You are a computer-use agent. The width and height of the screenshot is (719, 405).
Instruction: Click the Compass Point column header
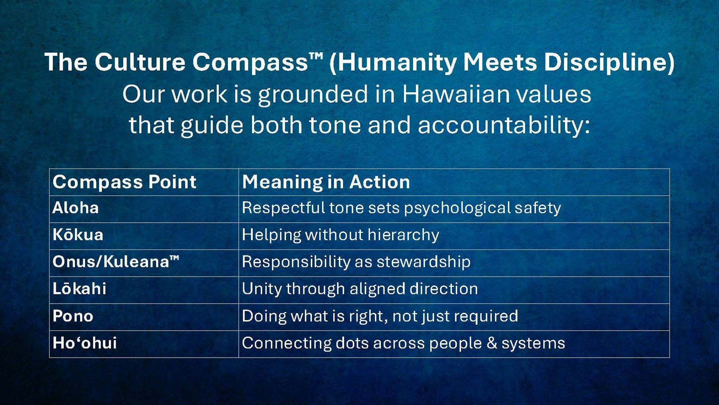point(124,182)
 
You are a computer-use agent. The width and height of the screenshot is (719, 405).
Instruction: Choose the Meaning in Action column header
point(326,182)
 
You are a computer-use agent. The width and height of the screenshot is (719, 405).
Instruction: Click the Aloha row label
point(75,208)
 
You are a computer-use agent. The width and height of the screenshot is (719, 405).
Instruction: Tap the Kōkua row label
point(78,235)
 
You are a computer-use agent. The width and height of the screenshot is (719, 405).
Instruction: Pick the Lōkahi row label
point(79,289)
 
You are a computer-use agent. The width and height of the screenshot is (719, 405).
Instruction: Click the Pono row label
point(73,316)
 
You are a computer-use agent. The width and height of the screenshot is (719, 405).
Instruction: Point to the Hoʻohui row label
point(85,343)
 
